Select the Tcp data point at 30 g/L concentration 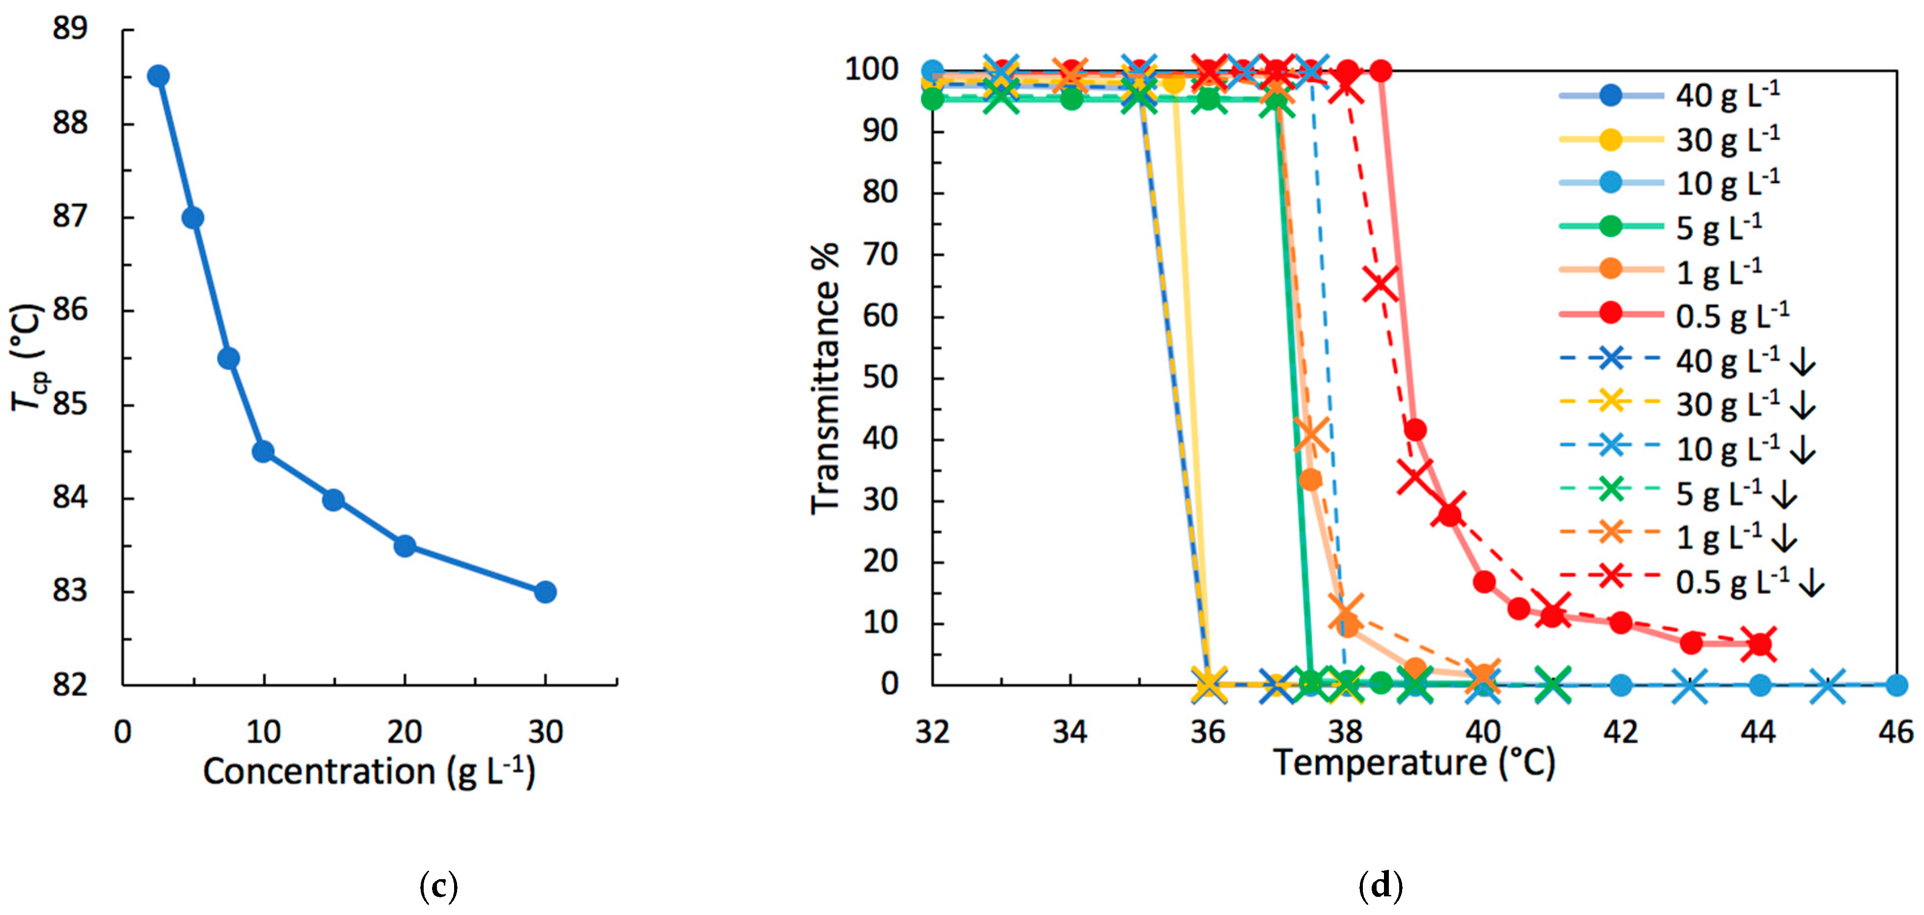(x=545, y=592)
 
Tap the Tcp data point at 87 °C (x=193, y=217)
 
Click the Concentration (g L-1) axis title (x=369, y=772)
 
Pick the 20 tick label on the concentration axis (x=404, y=732)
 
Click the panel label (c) (x=438, y=886)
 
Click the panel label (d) (x=1380, y=886)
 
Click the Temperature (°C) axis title (x=1414, y=763)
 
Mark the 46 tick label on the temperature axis (x=1896, y=732)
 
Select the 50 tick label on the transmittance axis (x=880, y=377)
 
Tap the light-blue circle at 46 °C (x=1896, y=684)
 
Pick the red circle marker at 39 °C (x=1414, y=430)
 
